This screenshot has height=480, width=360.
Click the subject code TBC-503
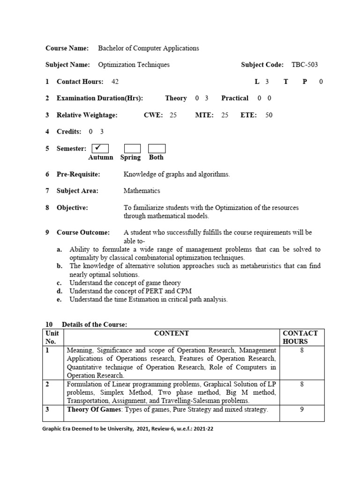pos(305,65)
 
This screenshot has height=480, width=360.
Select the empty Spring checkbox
pos(132,149)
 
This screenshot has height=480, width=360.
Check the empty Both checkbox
pos(157,149)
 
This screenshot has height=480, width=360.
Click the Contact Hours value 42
pos(115,82)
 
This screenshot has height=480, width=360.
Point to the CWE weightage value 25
pos(173,115)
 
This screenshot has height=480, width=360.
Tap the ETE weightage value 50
pos(269,115)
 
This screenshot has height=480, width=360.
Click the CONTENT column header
pos(171,333)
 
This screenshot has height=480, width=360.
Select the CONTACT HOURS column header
pos(300,337)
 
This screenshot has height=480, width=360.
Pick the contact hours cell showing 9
pos(302,410)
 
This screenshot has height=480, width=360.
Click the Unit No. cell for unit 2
pos(47,384)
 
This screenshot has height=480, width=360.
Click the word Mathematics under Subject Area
pos(142,191)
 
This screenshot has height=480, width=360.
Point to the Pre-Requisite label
pos(78,174)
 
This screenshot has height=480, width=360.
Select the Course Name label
pos(67,48)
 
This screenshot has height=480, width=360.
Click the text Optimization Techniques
pos(134,65)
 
